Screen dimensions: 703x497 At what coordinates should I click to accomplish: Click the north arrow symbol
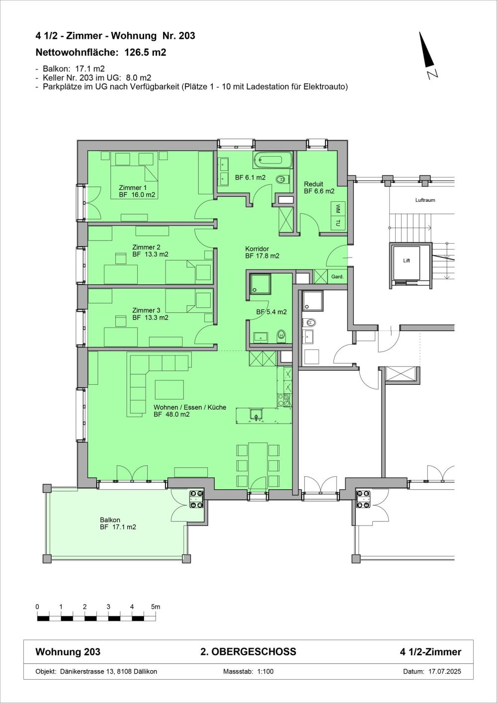(x=425, y=51)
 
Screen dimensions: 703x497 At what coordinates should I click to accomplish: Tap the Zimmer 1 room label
(x=137, y=191)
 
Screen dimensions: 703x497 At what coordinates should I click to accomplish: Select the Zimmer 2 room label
(x=150, y=251)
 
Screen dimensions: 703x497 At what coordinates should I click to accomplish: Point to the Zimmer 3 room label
(x=150, y=314)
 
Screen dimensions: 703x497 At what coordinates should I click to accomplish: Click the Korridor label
(x=261, y=253)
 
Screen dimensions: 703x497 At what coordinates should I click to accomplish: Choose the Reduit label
(x=319, y=187)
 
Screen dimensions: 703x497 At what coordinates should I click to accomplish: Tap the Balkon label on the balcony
(x=118, y=524)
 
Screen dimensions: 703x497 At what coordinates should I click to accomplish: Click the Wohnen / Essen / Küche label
(x=189, y=411)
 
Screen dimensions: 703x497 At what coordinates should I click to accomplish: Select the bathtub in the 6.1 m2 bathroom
(x=274, y=161)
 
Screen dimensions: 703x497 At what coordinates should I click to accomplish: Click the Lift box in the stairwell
(x=407, y=261)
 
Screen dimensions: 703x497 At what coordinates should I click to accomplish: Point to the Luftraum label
(x=425, y=200)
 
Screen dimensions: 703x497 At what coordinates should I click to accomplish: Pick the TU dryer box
(x=338, y=223)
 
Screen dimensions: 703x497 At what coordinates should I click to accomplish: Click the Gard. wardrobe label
(x=337, y=276)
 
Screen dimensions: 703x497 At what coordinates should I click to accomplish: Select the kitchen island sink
(x=256, y=415)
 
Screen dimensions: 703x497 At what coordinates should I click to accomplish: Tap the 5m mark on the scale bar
(x=156, y=607)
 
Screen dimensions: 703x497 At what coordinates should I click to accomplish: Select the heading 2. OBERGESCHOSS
(x=248, y=652)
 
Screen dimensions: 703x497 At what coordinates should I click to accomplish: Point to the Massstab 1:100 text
(x=248, y=671)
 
